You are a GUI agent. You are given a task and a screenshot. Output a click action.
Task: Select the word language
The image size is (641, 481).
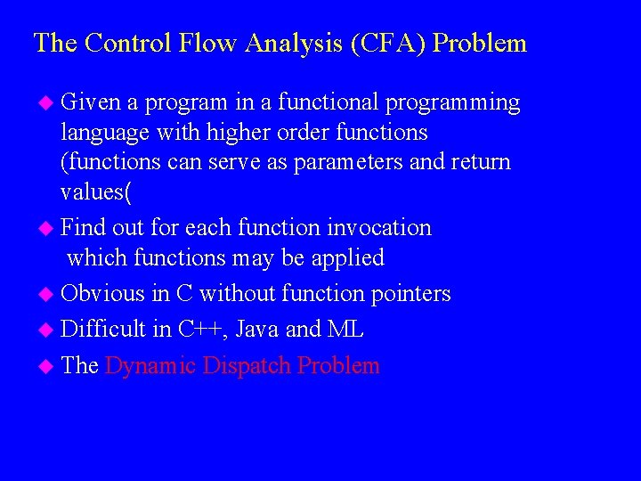pos(99,134)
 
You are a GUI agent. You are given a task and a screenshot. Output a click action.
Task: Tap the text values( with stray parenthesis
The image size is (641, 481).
pos(93,192)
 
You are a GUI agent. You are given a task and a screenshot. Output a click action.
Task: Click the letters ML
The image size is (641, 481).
pos(345,330)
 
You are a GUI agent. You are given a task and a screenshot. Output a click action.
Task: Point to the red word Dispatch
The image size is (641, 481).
pos(248,366)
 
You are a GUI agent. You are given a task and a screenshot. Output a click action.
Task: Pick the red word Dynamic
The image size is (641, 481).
pos(150,366)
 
